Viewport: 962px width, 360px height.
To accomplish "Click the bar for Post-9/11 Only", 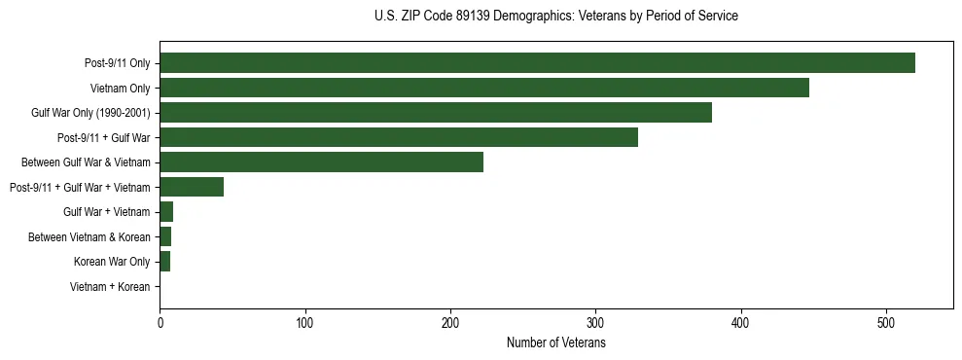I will [537, 63].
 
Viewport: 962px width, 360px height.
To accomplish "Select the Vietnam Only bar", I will [484, 88].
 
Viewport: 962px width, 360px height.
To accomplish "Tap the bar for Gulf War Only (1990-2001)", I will [436, 113].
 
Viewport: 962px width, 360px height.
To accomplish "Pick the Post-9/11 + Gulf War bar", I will [399, 137].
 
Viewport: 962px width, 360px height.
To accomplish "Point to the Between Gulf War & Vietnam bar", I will [321, 162].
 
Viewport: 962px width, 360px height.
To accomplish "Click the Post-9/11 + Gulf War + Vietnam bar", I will [192, 187].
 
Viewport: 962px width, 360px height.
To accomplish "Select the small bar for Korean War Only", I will [165, 262].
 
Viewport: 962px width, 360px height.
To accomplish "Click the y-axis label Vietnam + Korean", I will [110, 287].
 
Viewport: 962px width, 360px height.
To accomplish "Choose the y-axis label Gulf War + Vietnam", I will [106, 212].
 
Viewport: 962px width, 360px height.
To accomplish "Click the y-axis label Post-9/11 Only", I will [117, 63].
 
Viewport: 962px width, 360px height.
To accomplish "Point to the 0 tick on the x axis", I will [160, 324].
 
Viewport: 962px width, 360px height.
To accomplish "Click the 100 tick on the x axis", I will [305, 324].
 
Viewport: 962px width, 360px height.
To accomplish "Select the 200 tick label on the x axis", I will [450, 324].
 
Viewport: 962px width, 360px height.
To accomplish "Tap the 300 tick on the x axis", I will [596, 324].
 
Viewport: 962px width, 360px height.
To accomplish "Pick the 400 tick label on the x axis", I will [741, 324].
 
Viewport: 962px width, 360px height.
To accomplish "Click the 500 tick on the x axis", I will [886, 324].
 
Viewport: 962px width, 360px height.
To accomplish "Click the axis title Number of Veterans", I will [555, 343].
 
